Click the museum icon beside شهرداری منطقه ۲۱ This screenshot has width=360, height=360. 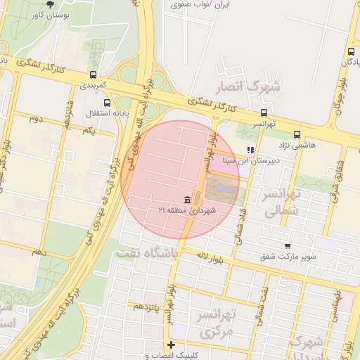coord(186,199)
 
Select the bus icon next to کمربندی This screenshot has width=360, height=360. coord(93,75)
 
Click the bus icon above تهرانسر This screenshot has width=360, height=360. coord(264,112)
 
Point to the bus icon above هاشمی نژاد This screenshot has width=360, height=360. coord(296,134)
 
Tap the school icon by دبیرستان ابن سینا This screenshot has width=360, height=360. coord(250,150)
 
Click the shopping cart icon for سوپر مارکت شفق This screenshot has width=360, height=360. coord(288,245)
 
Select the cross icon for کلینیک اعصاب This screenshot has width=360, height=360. coord(171,345)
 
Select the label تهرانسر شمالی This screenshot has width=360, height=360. coord(281,201)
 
